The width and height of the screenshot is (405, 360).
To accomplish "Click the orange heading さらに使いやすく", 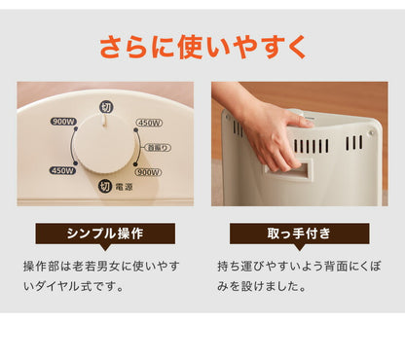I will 202,45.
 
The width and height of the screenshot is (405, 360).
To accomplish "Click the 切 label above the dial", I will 105,106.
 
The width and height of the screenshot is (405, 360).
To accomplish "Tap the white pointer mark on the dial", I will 104,126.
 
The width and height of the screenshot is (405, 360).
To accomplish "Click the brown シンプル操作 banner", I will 105,234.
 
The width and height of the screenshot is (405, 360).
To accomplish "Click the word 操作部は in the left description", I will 43,265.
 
